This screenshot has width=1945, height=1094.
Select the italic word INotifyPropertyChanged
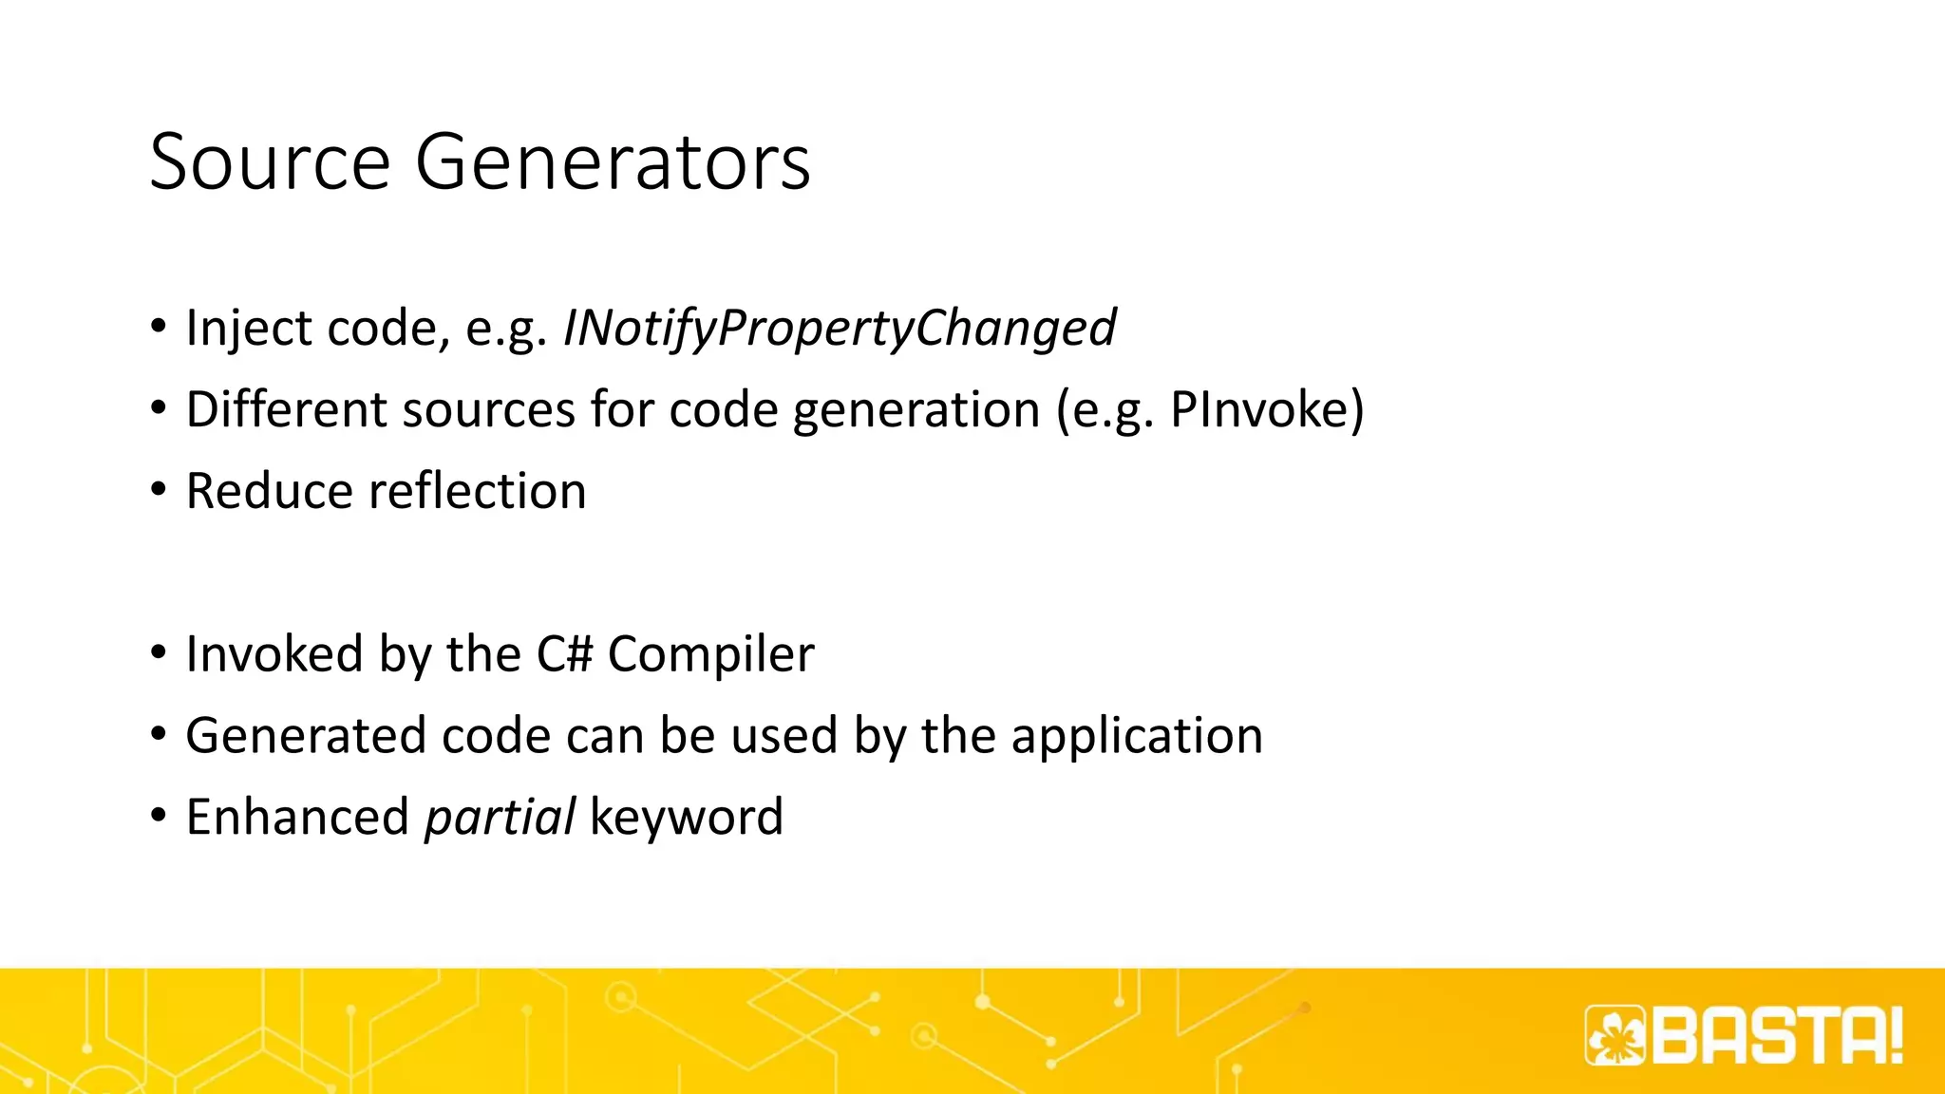(840, 329)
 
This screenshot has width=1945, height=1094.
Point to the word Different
(286, 410)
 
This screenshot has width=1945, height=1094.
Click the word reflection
(478, 492)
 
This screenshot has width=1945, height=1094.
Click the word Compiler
(710, 655)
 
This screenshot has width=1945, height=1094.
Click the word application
(1137, 737)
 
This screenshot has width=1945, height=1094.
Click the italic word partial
(500, 818)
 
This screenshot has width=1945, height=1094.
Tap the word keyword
(686, 818)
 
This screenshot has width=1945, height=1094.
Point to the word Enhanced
(296, 818)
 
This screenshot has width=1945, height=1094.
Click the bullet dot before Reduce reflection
(159, 490)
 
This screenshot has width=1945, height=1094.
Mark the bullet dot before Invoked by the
(159, 653)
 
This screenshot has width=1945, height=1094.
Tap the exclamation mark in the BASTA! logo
(1895, 1035)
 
